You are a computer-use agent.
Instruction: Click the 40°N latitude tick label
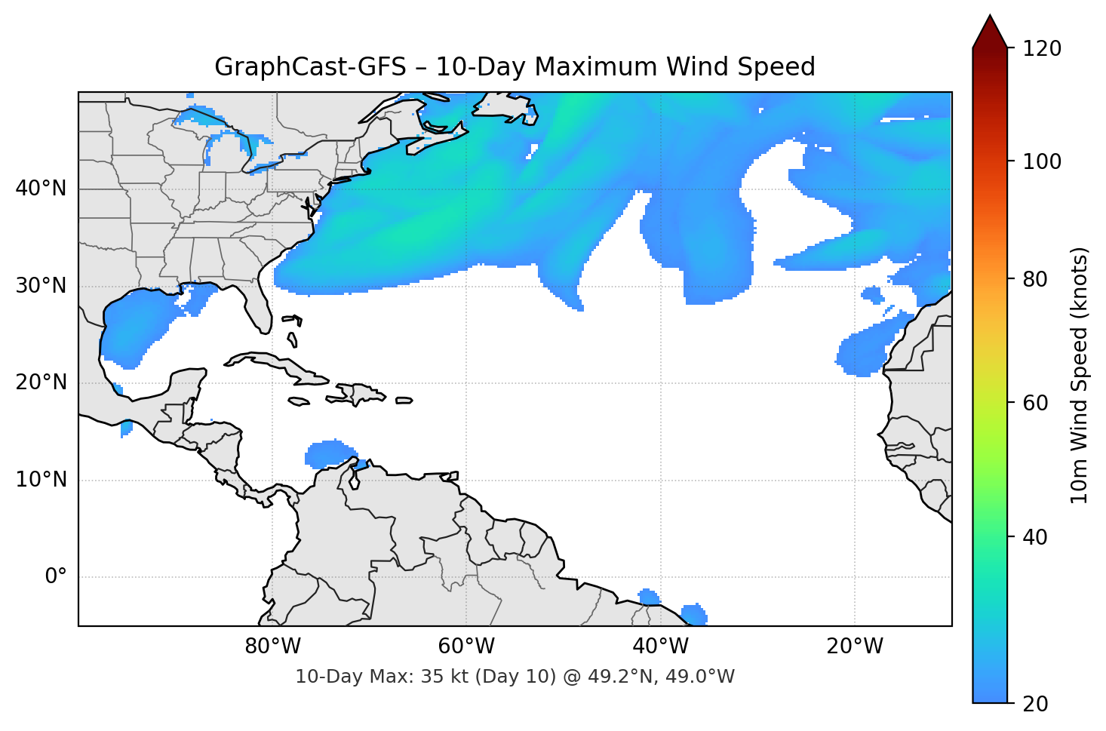point(41,189)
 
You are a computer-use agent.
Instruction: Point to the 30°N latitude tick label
point(41,286)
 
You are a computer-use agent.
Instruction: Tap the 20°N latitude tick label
point(41,382)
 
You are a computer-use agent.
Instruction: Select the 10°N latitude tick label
point(41,480)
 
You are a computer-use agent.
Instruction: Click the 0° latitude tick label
point(56,577)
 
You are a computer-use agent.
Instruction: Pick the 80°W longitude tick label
point(272,647)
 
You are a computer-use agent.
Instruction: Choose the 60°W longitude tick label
point(466,647)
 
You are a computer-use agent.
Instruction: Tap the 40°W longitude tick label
point(661,647)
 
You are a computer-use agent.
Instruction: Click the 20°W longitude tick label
point(855,647)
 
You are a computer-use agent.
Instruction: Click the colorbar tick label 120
point(1042,49)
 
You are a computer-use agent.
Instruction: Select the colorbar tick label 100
point(1042,161)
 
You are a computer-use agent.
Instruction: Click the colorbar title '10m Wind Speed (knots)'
point(1080,375)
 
